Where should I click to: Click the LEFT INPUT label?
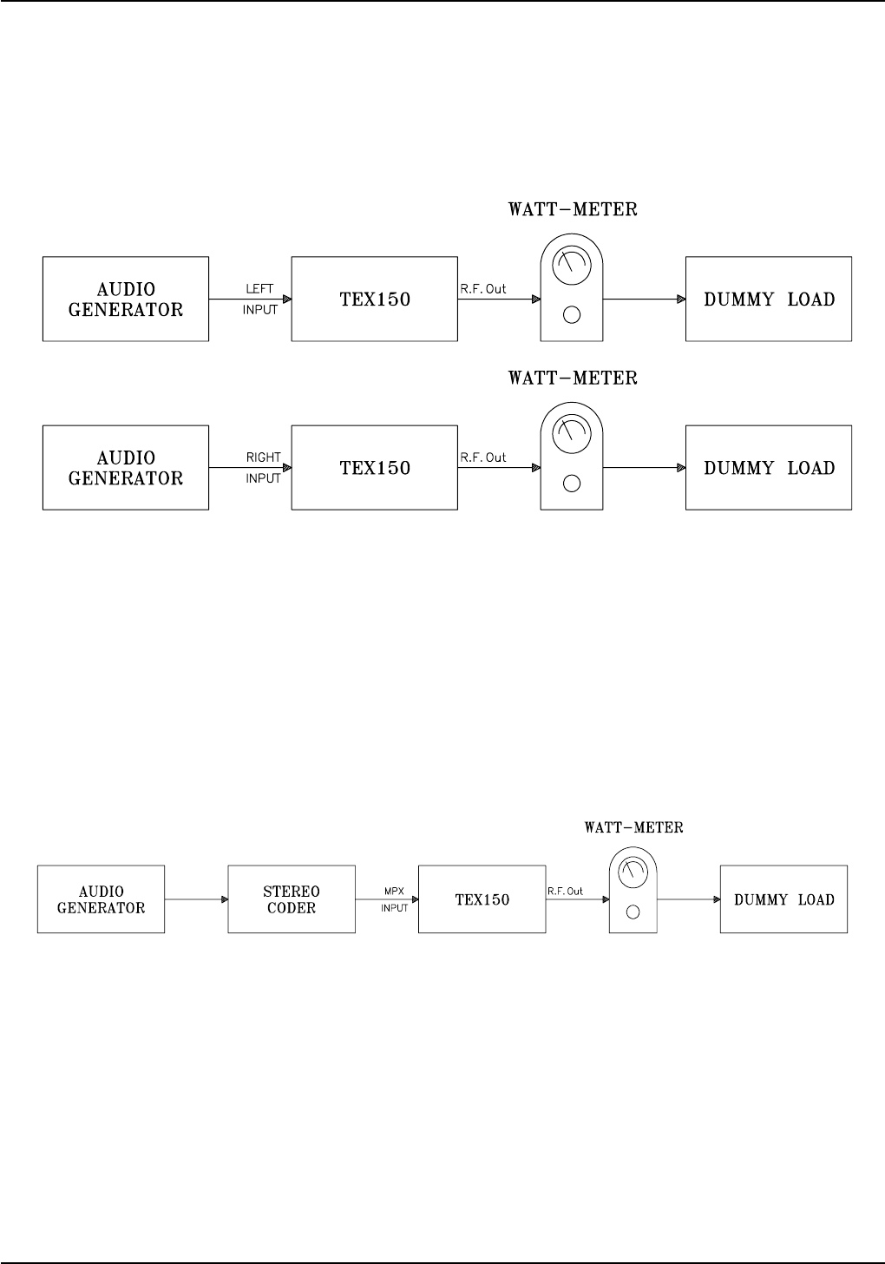coord(259,299)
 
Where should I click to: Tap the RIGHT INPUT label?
coord(263,467)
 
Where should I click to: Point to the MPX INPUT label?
coord(395,899)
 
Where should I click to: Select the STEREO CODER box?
coord(292,899)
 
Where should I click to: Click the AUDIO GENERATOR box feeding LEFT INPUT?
coord(126,299)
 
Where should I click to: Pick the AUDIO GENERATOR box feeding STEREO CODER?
coord(101,899)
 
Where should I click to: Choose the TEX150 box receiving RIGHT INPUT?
coord(374,468)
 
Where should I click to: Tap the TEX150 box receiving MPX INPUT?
coord(482,899)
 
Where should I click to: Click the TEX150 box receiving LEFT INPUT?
coord(374,300)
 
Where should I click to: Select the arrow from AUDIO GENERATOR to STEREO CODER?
coord(196,899)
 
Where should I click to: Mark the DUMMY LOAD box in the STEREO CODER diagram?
coord(783,899)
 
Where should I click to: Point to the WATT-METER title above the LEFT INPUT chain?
coord(572,210)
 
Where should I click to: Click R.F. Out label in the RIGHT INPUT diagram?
coord(483,458)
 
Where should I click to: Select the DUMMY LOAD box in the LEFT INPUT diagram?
coord(769,300)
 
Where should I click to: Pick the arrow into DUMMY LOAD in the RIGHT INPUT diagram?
coord(643,468)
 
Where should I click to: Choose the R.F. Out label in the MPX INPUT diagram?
coord(565,892)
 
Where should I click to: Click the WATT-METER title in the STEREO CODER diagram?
coord(633,827)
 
